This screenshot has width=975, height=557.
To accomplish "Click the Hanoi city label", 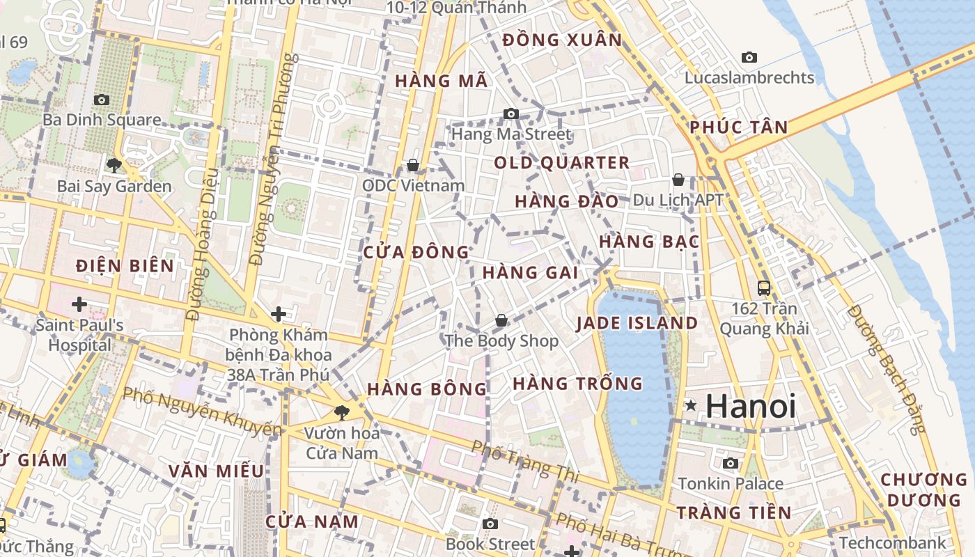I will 751,406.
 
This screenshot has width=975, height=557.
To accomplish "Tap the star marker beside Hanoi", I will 690,405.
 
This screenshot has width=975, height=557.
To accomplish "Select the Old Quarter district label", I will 561,163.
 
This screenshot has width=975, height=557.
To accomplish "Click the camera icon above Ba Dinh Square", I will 102,100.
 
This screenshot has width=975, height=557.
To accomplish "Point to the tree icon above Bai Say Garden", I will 114,166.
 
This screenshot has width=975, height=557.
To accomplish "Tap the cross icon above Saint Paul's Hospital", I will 79,304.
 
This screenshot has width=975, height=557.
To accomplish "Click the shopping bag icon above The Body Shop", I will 501,320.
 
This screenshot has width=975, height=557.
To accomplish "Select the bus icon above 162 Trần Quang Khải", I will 764,287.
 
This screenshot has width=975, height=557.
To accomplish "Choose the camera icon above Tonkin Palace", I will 731,463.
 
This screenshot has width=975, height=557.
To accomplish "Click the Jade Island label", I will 637,323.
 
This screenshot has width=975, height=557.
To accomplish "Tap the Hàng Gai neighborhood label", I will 530,272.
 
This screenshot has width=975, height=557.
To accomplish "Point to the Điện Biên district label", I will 125,265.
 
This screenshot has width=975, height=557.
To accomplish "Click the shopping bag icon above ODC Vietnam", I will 413,165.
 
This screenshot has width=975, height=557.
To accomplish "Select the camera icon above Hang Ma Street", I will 511,113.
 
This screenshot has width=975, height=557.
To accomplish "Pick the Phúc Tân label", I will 739,127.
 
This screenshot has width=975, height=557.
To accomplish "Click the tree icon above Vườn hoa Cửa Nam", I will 342,413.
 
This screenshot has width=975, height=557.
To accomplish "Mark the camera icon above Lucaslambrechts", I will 749,57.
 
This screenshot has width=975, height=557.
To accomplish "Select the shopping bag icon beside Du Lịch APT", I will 678,180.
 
